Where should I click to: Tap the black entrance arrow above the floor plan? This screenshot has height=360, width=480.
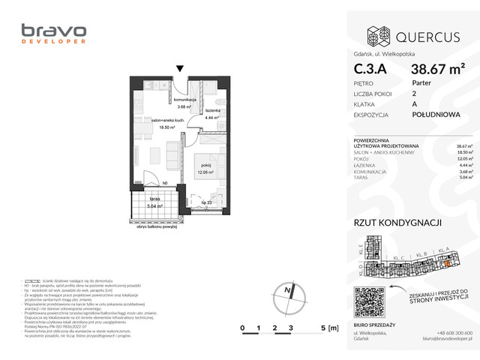pos(179,70)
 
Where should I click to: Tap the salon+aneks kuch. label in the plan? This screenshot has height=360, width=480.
pos(163,124)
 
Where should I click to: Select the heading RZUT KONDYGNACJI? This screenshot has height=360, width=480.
pos(397,222)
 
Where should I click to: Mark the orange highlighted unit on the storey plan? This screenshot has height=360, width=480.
pos(448,261)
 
